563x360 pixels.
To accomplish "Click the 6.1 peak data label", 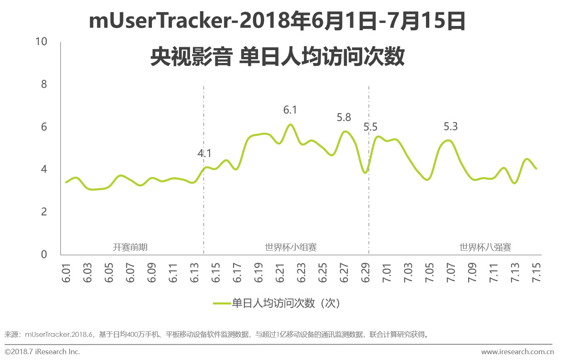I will (x=290, y=110).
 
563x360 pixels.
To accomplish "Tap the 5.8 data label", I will (x=344, y=118).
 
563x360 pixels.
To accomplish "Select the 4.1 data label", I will (x=204, y=154).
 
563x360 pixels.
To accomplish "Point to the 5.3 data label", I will (x=450, y=127).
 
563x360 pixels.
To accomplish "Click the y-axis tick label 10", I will (x=42, y=42).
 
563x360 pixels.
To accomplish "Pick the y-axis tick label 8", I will (x=44, y=85).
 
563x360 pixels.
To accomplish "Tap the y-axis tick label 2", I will (x=44, y=212).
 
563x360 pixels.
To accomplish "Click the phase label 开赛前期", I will (x=130, y=248).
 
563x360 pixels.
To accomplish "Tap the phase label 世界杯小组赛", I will (x=291, y=248).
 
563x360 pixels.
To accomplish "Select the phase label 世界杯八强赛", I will (x=485, y=248).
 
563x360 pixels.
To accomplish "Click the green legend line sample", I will (x=221, y=303).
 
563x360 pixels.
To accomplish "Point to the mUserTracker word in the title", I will (x=159, y=22).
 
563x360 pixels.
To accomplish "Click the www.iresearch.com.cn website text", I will (x=517, y=352).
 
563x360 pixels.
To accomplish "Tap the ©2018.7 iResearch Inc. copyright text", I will (x=42, y=352).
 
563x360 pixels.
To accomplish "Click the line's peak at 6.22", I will (x=290, y=125).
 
